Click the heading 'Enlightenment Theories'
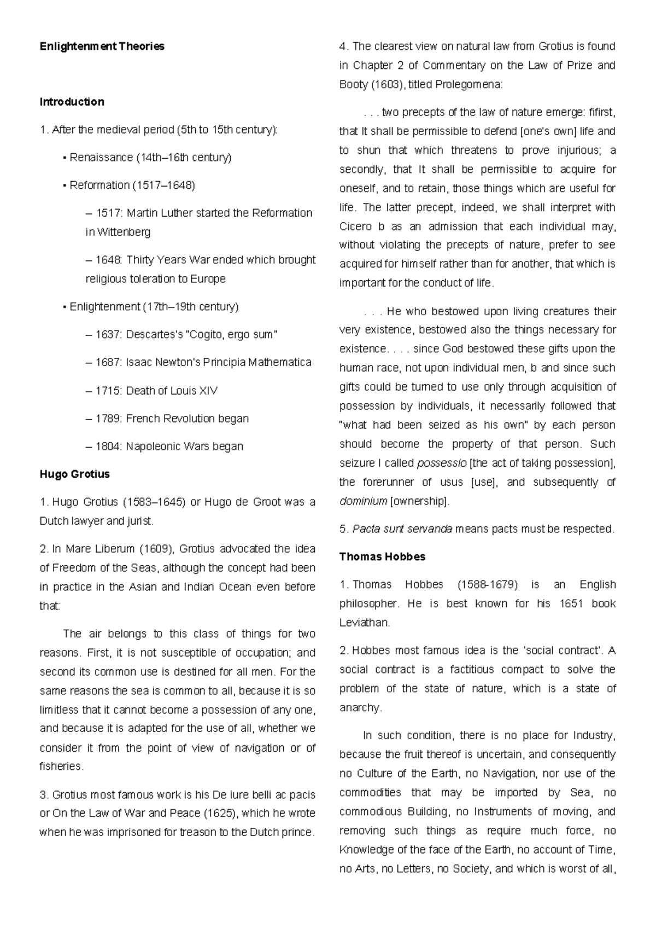102,47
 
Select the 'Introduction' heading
72,102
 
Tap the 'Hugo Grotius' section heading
74,474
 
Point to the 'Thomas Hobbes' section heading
382,557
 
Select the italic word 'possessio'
442,463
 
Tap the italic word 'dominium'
363,501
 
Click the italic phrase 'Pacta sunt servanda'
402,529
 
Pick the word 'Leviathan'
364,623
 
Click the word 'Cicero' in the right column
355,227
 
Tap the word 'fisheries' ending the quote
61,767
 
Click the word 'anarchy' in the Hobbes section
359,707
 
